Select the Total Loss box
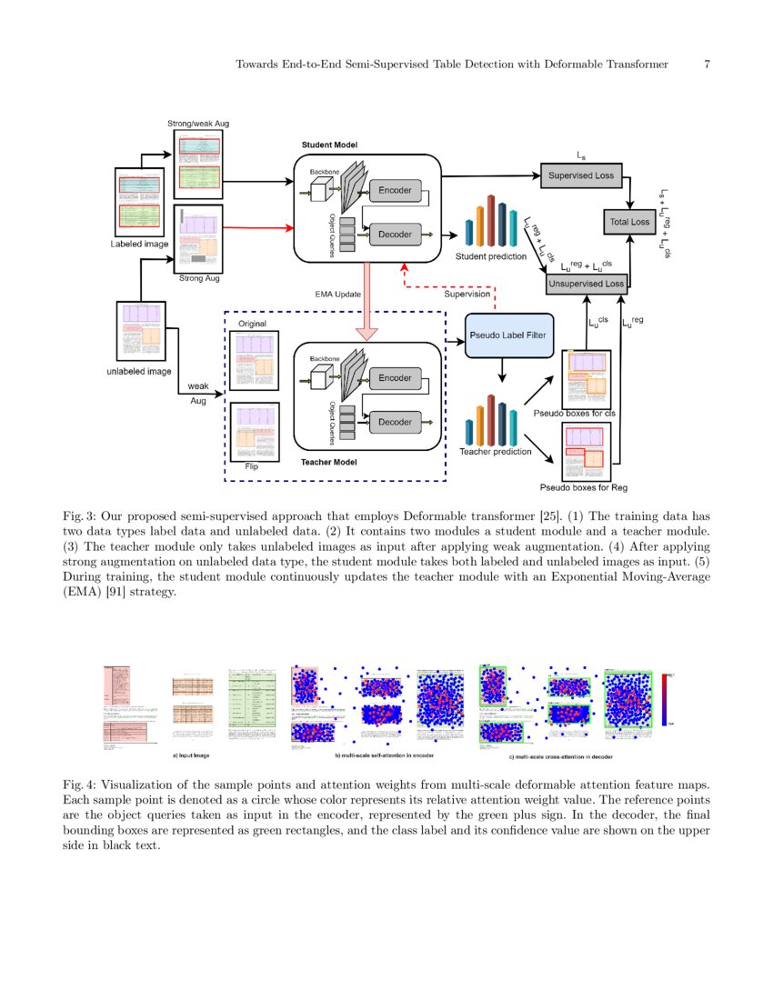627,222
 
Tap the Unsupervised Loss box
585,284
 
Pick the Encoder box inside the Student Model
395,191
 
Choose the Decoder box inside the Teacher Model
395,422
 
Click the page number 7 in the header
707,65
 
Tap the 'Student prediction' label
491,256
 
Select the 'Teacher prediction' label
496,452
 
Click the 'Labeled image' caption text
138,244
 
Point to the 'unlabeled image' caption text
139,371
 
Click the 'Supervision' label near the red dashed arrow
467,295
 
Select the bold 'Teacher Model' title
328,463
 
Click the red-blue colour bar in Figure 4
668,699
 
